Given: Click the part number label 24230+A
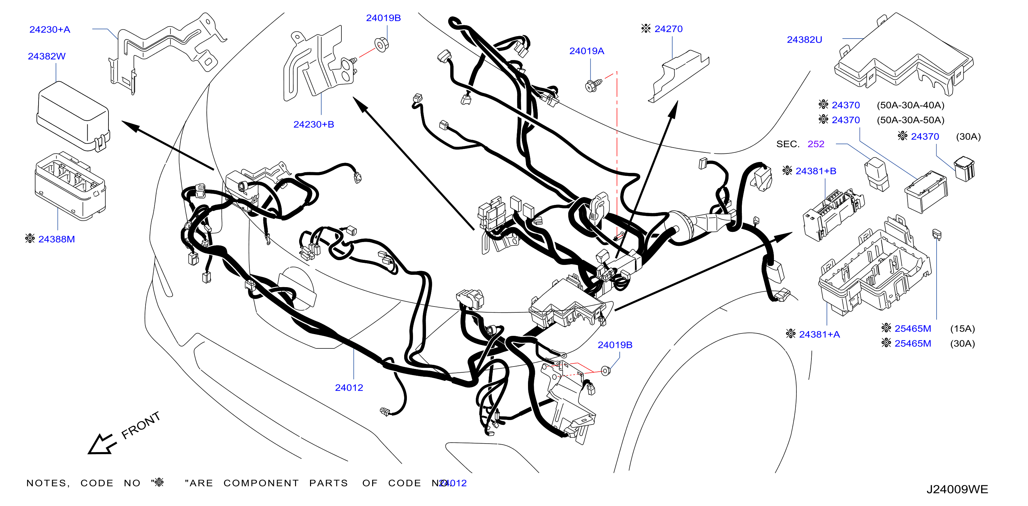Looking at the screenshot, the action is tap(50, 30).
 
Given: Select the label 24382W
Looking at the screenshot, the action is tap(47, 56).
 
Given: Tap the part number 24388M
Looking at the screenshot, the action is tap(57, 239).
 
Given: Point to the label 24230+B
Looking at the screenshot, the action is tap(314, 124).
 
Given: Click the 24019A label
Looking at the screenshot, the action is tap(587, 51).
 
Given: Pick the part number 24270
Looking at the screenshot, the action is tap(669, 29).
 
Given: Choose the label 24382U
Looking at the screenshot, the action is tap(805, 40).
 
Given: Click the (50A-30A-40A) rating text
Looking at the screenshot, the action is tap(911, 105).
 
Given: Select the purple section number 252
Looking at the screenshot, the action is tap(816, 144).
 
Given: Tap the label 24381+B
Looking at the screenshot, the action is tap(816, 171).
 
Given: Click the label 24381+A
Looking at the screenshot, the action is tap(819, 334).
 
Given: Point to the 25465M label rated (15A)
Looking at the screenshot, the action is tap(913, 328).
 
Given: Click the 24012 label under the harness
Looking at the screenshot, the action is tap(349, 387).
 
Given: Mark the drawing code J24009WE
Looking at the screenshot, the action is tap(957, 489).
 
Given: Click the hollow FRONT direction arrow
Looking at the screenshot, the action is tap(101, 444).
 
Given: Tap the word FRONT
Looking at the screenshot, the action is tap(141, 426).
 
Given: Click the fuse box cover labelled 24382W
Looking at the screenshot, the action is tap(73, 116).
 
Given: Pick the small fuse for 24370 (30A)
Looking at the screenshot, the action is tap(964, 169).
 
